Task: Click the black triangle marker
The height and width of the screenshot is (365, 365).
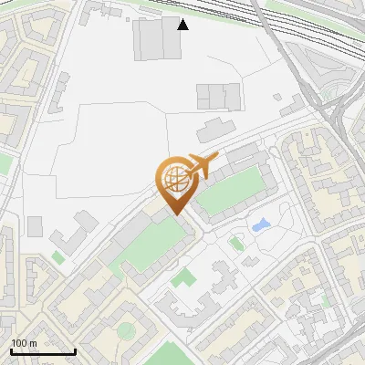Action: pos(182,24)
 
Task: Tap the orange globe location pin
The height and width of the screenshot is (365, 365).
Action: pos(176,182)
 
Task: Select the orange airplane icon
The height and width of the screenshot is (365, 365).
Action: pos(203,165)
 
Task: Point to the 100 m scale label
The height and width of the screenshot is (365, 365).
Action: pos(24,343)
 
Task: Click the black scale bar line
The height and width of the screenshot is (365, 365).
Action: pos(43,351)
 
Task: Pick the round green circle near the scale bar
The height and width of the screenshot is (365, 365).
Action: pos(125,329)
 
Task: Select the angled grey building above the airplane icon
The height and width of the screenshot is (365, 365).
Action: pos(215,129)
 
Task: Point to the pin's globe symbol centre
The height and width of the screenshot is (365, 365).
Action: pos(176,176)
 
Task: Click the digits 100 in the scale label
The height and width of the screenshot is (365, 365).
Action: pos(18,343)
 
